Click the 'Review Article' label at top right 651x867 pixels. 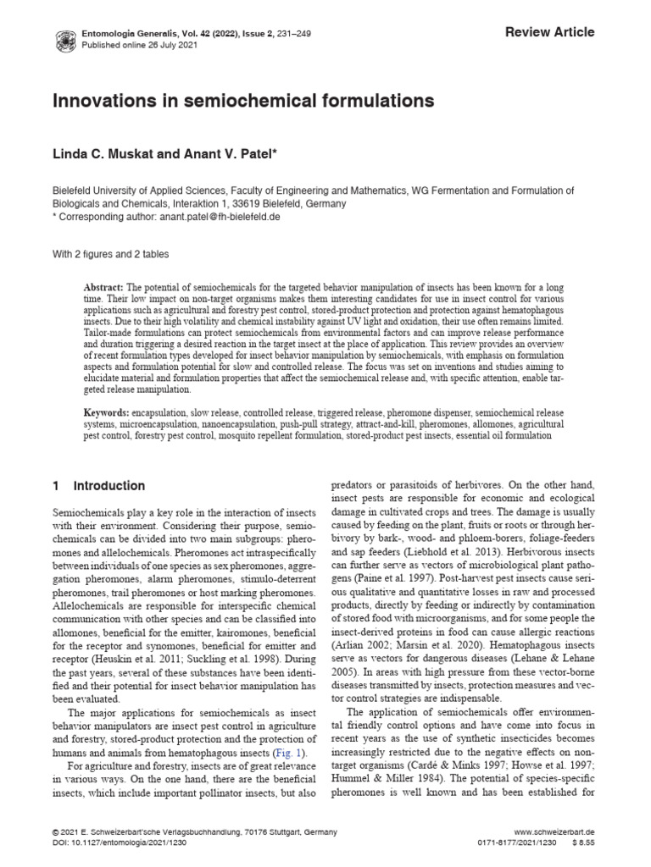(550, 32)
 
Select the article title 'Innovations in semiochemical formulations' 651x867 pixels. (244, 102)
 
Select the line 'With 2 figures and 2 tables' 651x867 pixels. (111, 254)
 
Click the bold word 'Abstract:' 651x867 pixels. (106, 289)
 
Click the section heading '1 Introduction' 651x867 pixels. (98, 486)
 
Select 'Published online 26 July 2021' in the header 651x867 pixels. (126, 45)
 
